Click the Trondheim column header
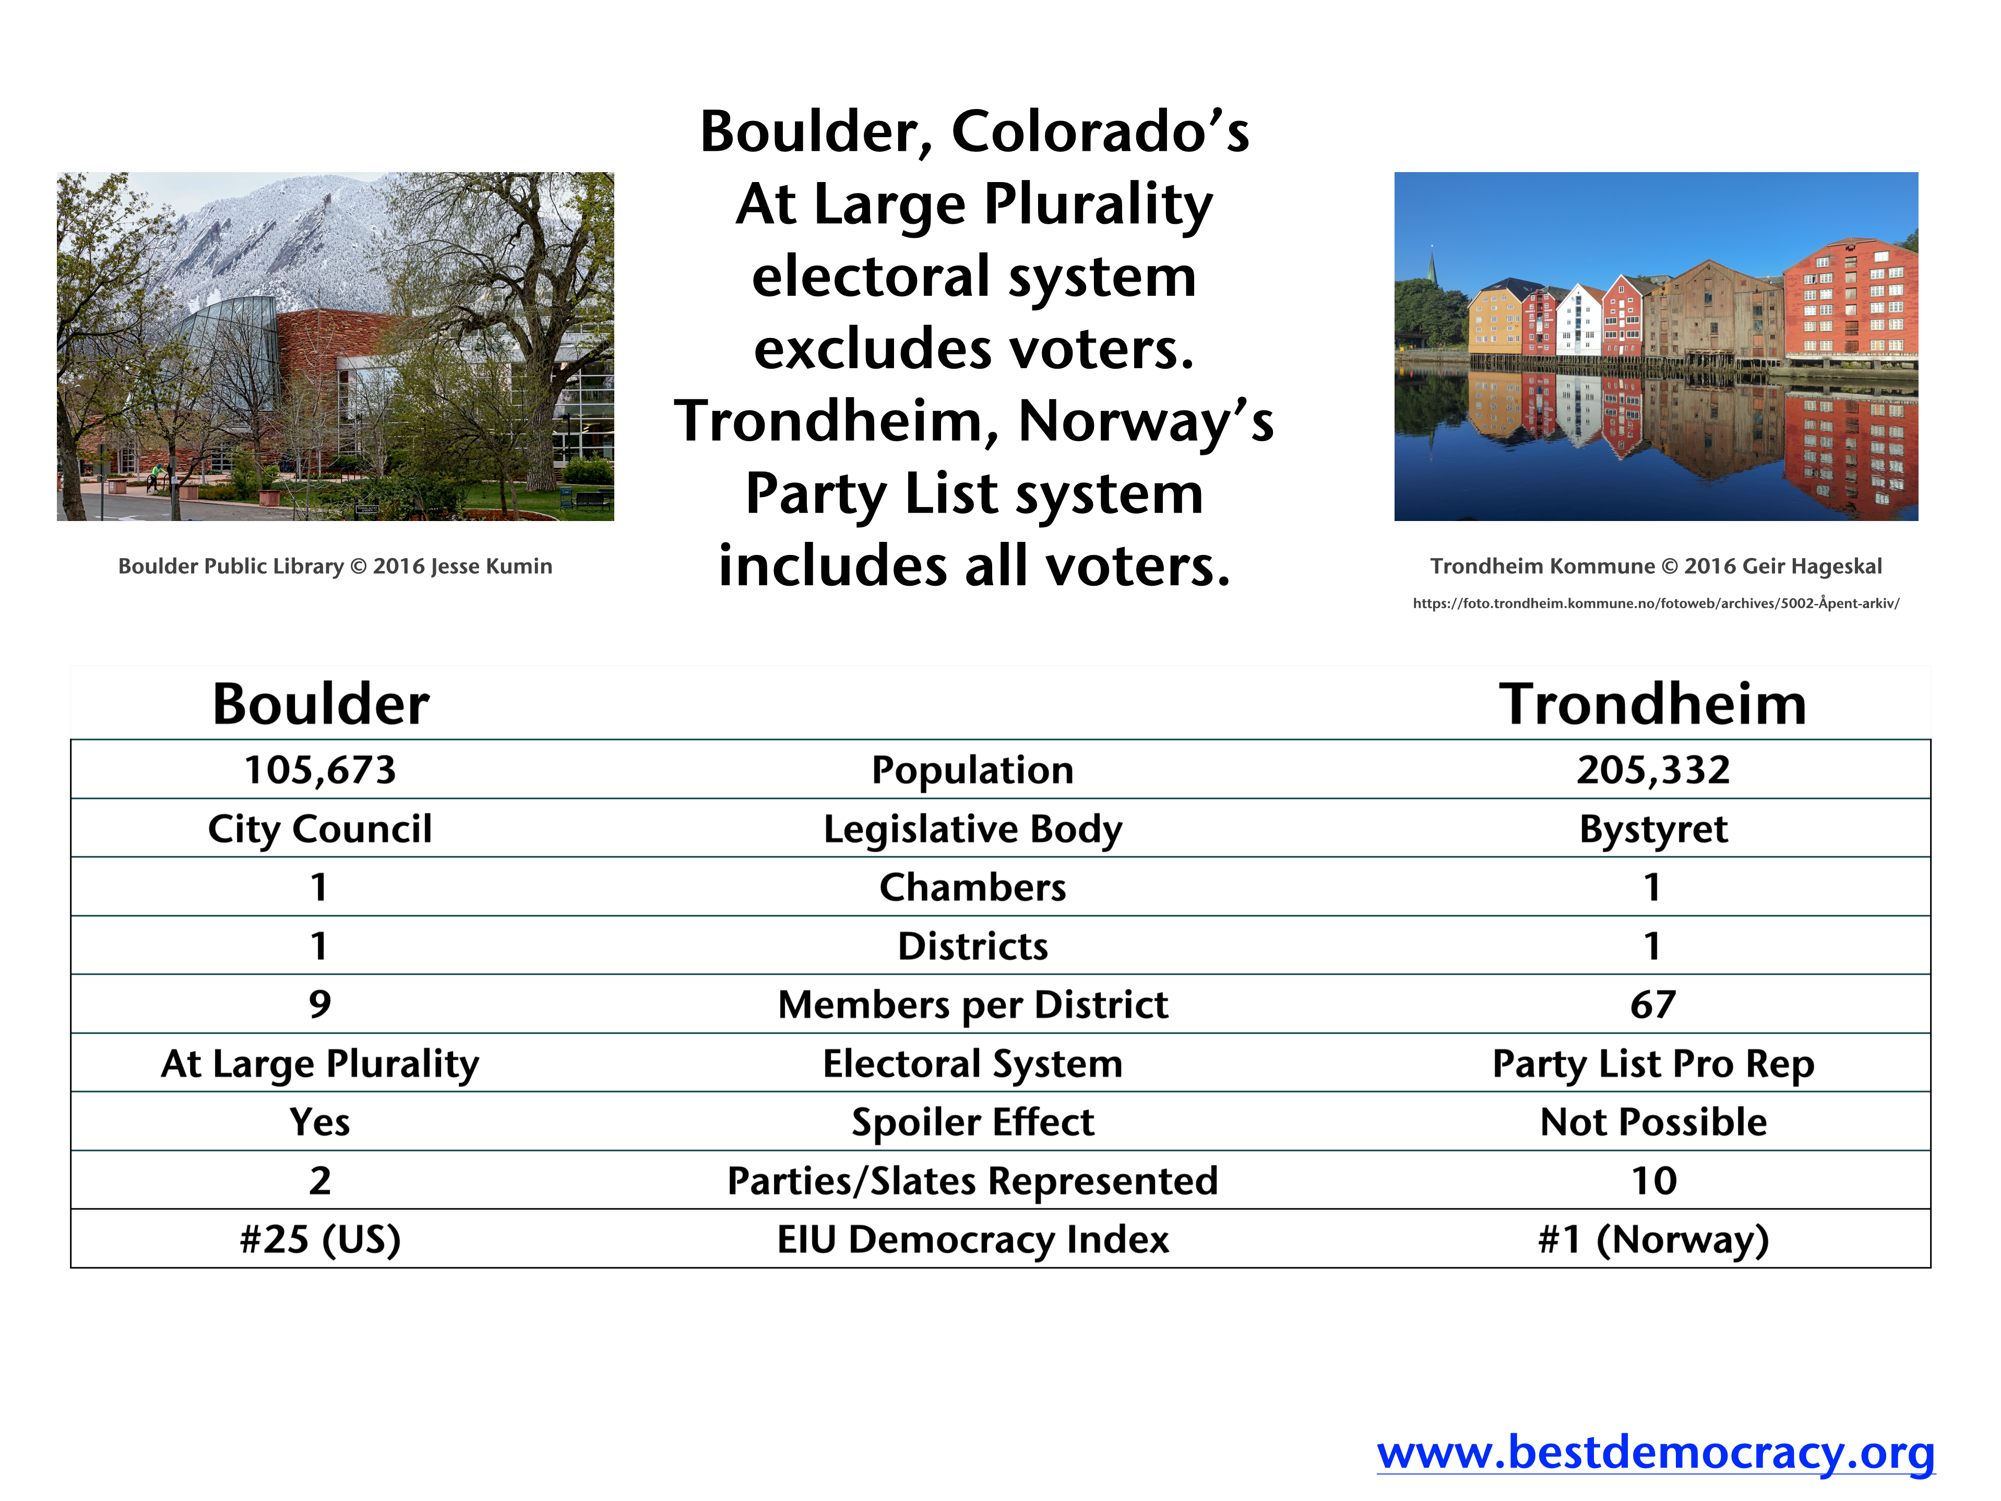1653,704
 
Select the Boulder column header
320,704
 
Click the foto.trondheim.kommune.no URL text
1655,603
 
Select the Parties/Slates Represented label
972,1181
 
